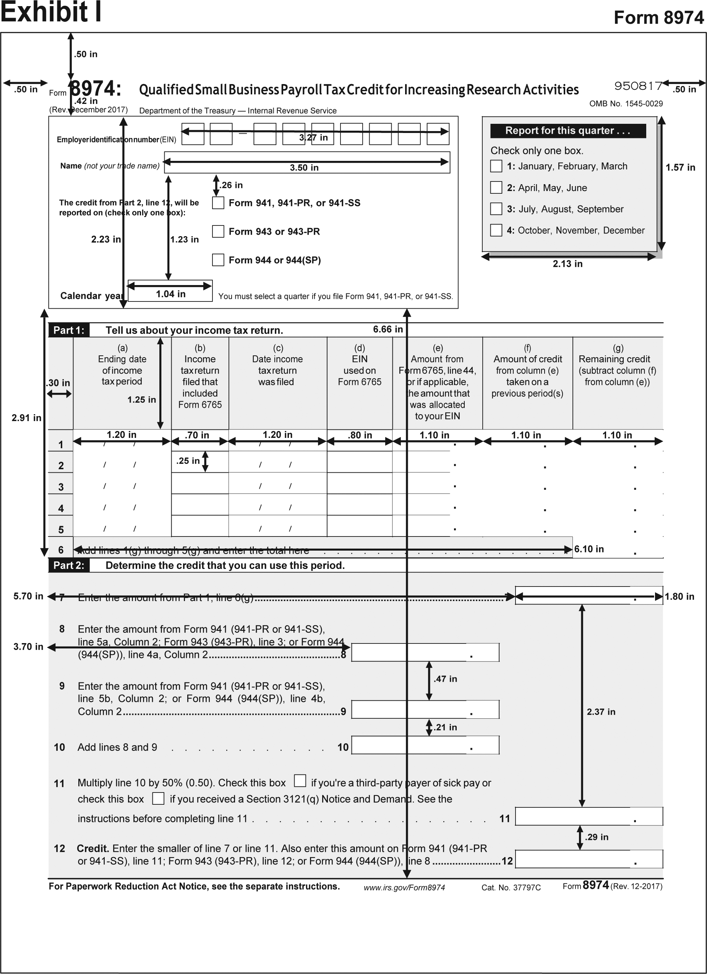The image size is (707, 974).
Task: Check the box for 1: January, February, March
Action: (x=496, y=166)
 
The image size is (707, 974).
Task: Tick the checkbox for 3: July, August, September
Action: (x=496, y=209)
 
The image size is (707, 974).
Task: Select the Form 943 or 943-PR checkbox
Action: (x=218, y=232)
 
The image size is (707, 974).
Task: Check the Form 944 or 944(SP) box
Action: (x=218, y=260)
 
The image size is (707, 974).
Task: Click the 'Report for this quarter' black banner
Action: (x=568, y=131)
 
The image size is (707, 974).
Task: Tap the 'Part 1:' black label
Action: (x=69, y=330)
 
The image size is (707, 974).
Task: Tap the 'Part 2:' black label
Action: (x=69, y=565)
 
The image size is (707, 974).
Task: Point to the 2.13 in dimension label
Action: (x=568, y=264)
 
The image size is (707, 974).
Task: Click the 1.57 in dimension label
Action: (x=680, y=167)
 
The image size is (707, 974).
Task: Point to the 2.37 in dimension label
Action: (x=601, y=712)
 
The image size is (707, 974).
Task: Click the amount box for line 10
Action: (x=425, y=745)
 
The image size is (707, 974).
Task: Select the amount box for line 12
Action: (x=589, y=859)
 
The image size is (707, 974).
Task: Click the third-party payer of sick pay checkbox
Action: (x=300, y=780)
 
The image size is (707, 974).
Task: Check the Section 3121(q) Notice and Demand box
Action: (x=159, y=798)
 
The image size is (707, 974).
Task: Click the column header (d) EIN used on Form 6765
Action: (x=360, y=365)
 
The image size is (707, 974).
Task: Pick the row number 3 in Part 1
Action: (x=61, y=487)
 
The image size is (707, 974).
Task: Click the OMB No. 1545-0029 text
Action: (x=626, y=104)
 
